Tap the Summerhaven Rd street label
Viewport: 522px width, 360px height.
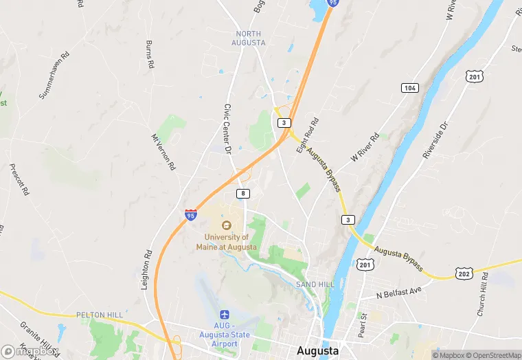coord(55,74)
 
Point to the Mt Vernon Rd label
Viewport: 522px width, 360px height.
coord(163,152)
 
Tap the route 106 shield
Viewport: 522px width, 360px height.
coord(410,88)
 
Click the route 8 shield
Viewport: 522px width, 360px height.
coord(242,194)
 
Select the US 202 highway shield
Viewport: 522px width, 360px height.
coord(464,274)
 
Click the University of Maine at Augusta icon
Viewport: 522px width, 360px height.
coord(227,225)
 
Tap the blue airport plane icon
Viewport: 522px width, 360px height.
coord(224,314)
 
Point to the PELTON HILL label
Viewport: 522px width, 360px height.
coord(100,315)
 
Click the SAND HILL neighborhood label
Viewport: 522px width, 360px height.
coord(315,284)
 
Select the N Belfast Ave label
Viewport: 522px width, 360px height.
coord(398,293)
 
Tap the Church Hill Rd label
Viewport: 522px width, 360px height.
coord(482,294)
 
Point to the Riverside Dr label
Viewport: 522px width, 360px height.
coord(435,141)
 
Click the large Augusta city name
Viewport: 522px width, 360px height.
coord(317,350)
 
